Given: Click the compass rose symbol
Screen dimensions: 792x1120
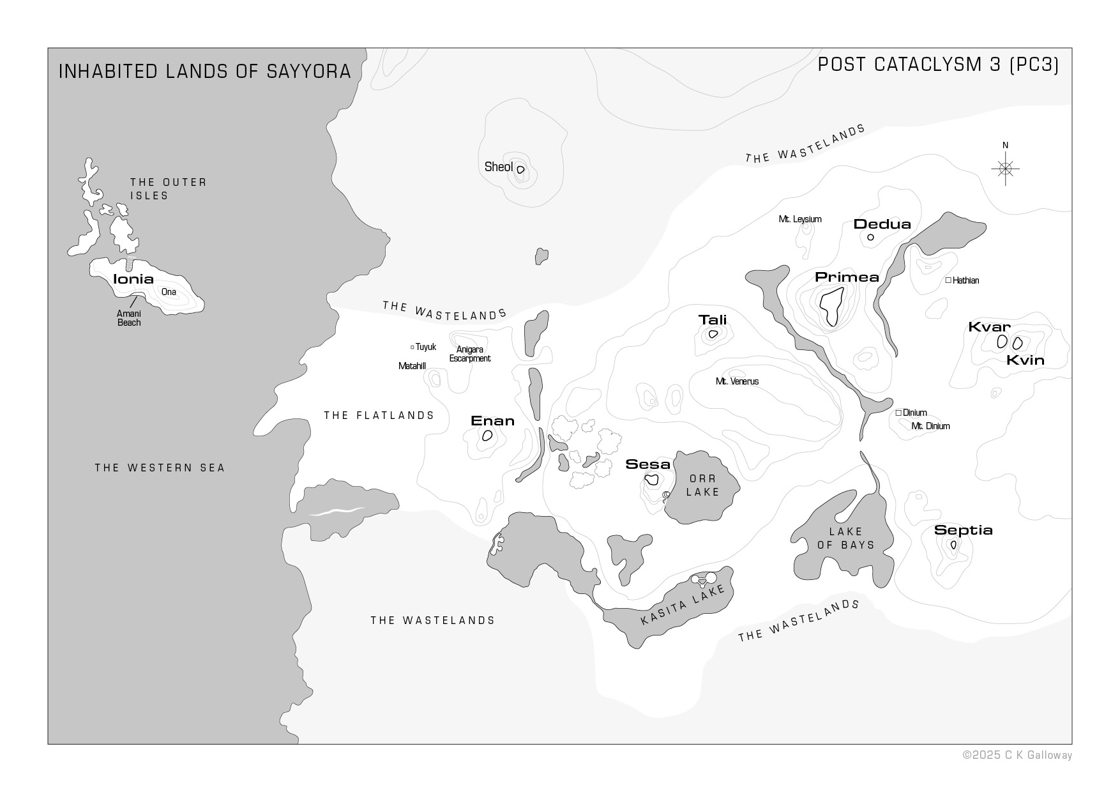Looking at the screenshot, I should tap(1005, 169).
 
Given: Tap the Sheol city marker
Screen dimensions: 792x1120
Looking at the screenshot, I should tap(520, 170).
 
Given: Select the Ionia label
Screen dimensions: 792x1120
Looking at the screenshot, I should tap(133, 279).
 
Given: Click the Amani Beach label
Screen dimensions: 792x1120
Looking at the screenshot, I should tap(129, 318).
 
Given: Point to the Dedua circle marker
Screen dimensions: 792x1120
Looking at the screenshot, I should tap(870, 238).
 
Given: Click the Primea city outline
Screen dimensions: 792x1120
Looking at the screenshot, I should tap(831, 306).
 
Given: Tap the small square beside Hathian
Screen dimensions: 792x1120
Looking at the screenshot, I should tap(948, 280).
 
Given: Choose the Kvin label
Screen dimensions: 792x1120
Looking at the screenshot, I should tap(1025, 360).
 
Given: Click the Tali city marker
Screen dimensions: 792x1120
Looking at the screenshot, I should tap(713, 334).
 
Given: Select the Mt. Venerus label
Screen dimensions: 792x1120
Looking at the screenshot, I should tap(737, 381).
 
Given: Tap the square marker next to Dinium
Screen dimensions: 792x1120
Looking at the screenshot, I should tap(898, 413).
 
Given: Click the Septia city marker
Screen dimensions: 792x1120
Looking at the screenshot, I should tap(953, 545).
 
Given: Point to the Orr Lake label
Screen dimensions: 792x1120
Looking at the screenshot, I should tap(702, 485).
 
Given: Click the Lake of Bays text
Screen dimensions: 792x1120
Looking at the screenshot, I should tap(845, 538).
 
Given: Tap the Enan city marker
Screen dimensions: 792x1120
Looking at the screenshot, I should tap(487, 436).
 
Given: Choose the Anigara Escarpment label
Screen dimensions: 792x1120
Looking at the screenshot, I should tap(469, 354).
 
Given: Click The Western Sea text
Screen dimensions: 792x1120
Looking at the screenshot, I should tap(160, 468).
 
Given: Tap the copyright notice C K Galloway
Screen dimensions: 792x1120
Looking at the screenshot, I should tap(1017, 755).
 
